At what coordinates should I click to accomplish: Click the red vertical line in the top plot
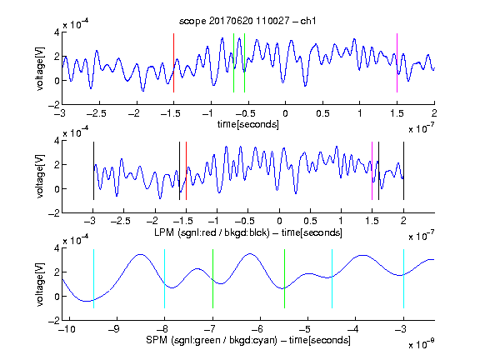click(x=173, y=62)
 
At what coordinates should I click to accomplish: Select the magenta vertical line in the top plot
click(x=397, y=62)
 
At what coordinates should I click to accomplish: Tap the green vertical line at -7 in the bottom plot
click(x=212, y=278)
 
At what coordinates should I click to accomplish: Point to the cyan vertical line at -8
click(x=165, y=278)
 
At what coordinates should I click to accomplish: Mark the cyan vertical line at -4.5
click(x=332, y=278)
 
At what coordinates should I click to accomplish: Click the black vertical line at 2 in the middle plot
click(x=404, y=171)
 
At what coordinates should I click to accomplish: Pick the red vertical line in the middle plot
click(x=186, y=171)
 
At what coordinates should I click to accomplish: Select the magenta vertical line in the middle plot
click(x=372, y=171)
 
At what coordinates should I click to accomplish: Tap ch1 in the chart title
click(x=308, y=21)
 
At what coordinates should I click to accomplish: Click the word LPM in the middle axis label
click(x=164, y=232)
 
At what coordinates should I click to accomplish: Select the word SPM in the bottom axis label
click(x=157, y=340)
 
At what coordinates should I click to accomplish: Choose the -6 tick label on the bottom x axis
click(x=257, y=329)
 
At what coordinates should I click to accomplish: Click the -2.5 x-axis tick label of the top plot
click(x=96, y=113)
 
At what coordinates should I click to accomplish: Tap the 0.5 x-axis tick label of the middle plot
click(x=310, y=221)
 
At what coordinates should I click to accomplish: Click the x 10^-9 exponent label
click(x=421, y=344)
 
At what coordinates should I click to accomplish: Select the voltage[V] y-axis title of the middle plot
click(x=40, y=177)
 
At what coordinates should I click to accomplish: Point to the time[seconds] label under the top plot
click(x=248, y=124)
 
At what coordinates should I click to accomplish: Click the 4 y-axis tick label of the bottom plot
click(x=57, y=248)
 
